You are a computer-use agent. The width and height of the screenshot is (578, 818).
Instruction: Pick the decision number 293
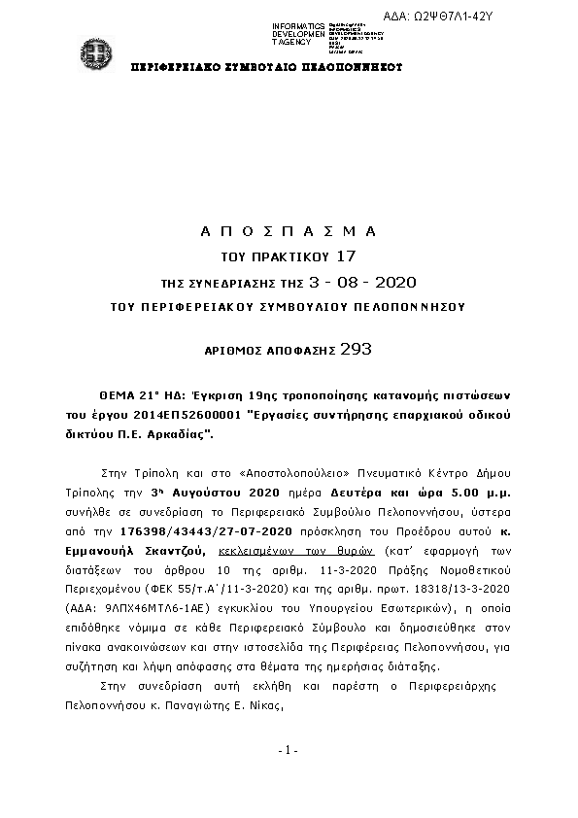357,347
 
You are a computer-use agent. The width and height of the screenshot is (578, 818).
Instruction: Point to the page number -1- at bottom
288,749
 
